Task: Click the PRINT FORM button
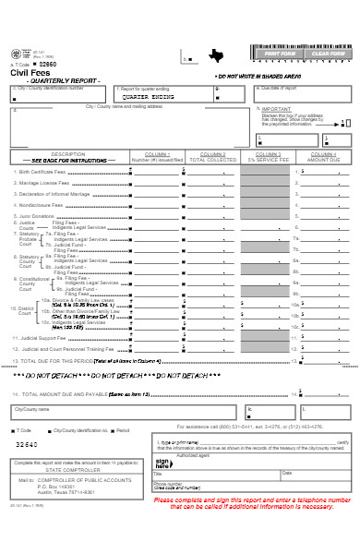pyautogui.click(x=280, y=54)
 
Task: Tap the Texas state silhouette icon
pyautogui.click(x=216, y=54)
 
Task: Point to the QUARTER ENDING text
pyautogui.click(x=150, y=96)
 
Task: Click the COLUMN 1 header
pyautogui.click(x=158, y=153)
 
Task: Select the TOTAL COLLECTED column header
pyautogui.click(x=212, y=159)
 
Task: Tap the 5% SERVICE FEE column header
pyautogui.click(x=268, y=159)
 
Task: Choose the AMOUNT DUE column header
pyautogui.click(x=322, y=159)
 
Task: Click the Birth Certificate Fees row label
pyautogui.click(x=45, y=172)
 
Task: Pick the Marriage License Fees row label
pyautogui.click(x=43, y=183)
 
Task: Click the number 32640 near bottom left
pyautogui.click(x=28, y=444)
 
